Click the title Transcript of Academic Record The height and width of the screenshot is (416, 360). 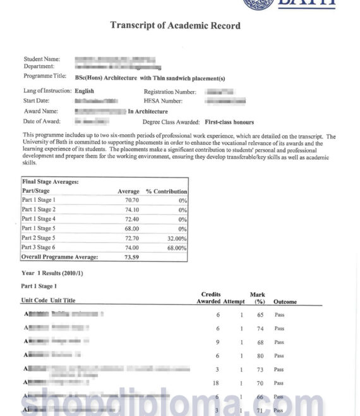175,26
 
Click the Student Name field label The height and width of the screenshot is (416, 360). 42,59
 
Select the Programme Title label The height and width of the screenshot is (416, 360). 44,76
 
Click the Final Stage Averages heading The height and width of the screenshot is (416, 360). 51,181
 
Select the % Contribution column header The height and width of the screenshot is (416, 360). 166,191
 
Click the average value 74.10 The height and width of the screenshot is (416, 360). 132,209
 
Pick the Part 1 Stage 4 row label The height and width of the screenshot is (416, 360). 39,219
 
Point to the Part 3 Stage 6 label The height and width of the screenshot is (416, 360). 39,248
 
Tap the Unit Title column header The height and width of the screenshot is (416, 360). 63,301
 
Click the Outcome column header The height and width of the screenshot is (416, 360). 285,302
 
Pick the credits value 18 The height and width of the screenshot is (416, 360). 216,382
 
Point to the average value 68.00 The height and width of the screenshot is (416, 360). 132,228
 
